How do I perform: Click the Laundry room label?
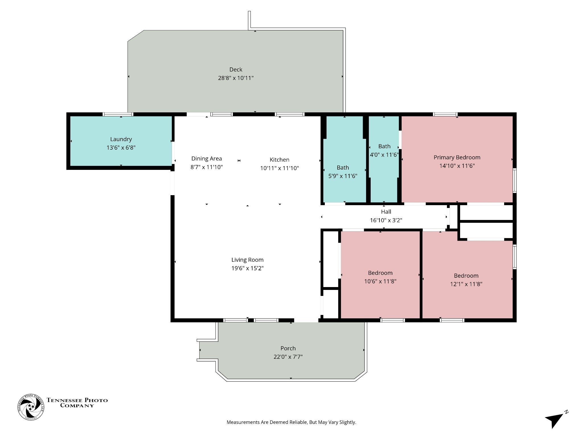tap(121, 139)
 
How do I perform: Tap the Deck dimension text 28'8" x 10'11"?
tap(236, 78)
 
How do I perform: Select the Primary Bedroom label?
tap(457, 157)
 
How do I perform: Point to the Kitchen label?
tap(280, 160)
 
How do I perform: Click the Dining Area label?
tap(206, 159)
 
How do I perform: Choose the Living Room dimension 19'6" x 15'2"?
tap(247, 268)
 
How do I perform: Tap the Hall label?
tap(386, 212)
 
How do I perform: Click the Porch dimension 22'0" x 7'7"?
tap(288, 357)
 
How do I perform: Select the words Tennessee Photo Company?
tap(77, 403)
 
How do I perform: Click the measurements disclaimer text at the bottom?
tap(291, 422)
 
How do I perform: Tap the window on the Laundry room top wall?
tap(118, 114)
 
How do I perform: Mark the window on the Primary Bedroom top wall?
tap(445, 114)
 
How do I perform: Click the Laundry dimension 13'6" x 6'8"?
tap(121, 148)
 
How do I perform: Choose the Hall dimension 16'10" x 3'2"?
tap(386, 220)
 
